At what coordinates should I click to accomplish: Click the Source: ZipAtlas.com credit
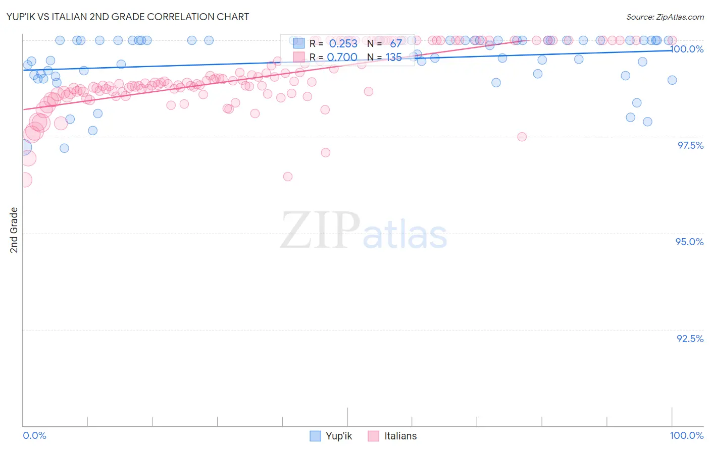(x=665, y=17)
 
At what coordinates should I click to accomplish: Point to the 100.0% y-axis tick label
(x=687, y=49)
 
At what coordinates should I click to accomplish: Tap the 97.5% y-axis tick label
(x=690, y=146)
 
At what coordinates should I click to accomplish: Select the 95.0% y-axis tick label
(x=689, y=242)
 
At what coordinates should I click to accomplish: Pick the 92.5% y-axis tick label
(x=690, y=339)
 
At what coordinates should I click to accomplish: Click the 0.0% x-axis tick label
(x=34, y=436)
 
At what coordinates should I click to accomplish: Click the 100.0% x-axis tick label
(x=686, y=436)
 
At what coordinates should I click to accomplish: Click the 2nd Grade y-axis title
(x=14, y=230)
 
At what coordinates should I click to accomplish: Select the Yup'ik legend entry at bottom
(x=331, y=436)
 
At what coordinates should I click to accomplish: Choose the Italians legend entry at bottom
(x=392, y=436)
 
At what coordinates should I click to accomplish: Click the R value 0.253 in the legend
(x=343, y=44)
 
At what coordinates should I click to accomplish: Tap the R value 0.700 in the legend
(x=342, y=58)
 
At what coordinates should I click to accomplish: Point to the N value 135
(x=393, y=58)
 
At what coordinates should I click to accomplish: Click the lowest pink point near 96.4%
(x=288, y=177)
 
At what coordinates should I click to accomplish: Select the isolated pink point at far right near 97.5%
(x=522, y=137)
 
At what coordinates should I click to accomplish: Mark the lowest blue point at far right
(x=647, y=122)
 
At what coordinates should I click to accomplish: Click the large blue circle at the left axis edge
(x=23, y=148)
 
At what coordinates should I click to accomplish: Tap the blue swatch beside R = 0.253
(x=299, y=43)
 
